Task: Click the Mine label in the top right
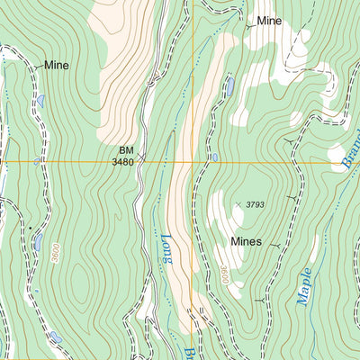(x=269, y=20)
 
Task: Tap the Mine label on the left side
(x=57, y=66)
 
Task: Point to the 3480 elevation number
(x=123, y=162)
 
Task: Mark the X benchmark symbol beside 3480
(x=142, y=156)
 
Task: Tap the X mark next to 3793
(x=238, y=204)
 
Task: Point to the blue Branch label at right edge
(x=348, y=149)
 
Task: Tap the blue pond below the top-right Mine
(x=230, y=86)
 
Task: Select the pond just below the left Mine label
(x=40, y=101)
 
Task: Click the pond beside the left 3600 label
(x=37, y=241)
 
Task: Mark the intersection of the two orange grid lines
(x=193, y=162)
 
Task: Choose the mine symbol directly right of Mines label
(x=275, y=244)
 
